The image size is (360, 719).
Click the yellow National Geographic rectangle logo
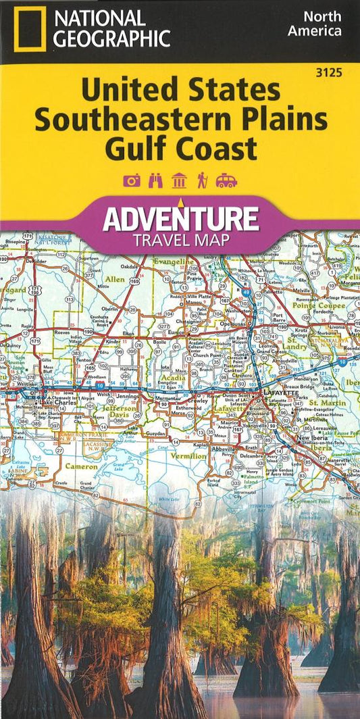28,29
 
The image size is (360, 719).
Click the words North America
314,24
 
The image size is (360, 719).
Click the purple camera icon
132,180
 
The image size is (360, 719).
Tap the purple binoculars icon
156,180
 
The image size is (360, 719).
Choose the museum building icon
179,180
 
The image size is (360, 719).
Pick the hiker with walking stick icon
201,180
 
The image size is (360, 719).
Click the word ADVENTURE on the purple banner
180,218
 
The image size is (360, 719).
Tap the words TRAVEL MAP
180,239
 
